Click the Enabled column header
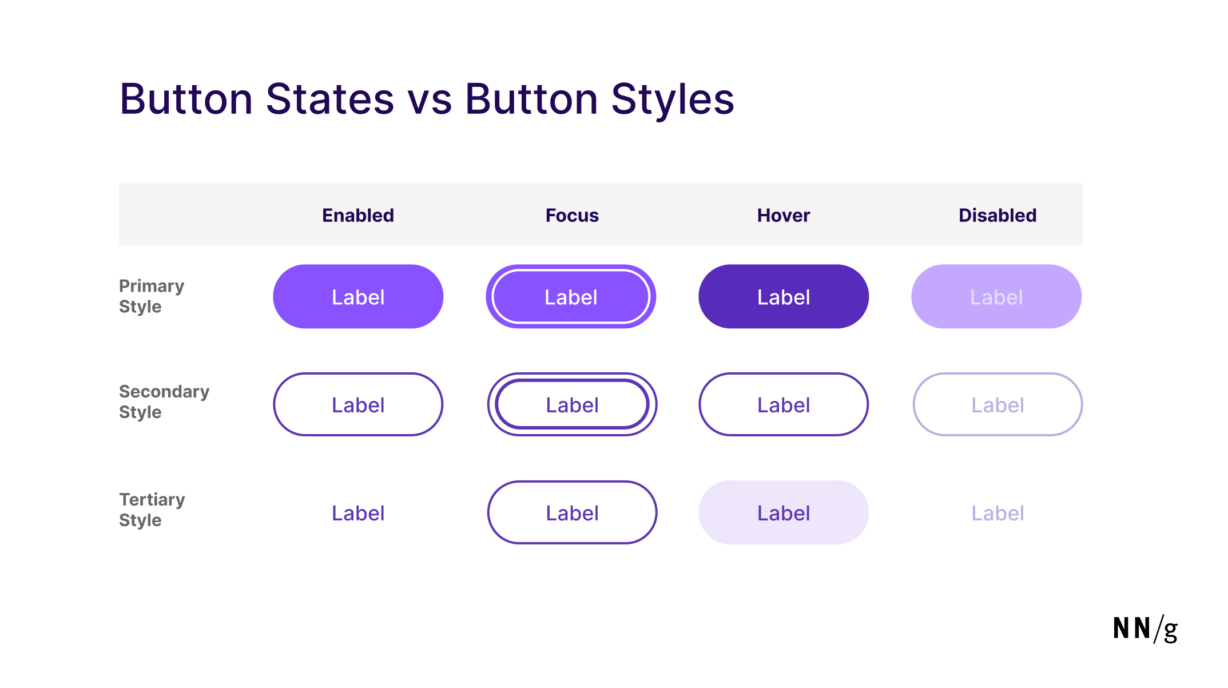[358, 216]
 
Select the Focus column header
[572, 216]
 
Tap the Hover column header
[784, 216]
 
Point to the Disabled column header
[997, 216]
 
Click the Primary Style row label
[152, 296]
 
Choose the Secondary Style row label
[164, 402]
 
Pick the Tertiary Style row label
[152, 510]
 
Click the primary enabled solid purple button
[358, 297]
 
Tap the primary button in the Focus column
[571, 297]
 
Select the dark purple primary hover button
[784, 297]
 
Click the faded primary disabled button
[996, 297]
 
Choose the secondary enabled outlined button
[358, 405]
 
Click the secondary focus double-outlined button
[572, 405]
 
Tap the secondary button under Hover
[784, 405]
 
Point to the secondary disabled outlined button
[997, 405]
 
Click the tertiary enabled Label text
[358, 513]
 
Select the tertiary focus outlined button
[572, 513]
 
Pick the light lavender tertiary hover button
[784, 513]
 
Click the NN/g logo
[1145, 629]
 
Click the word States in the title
[330, 100]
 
